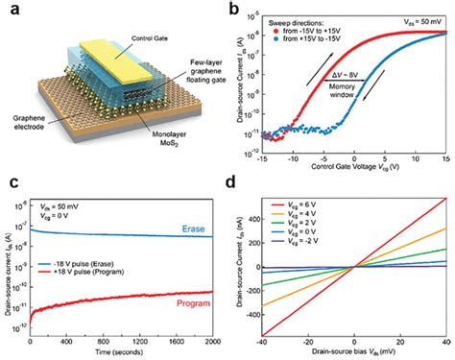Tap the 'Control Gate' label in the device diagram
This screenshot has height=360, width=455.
tap(124, 19)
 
